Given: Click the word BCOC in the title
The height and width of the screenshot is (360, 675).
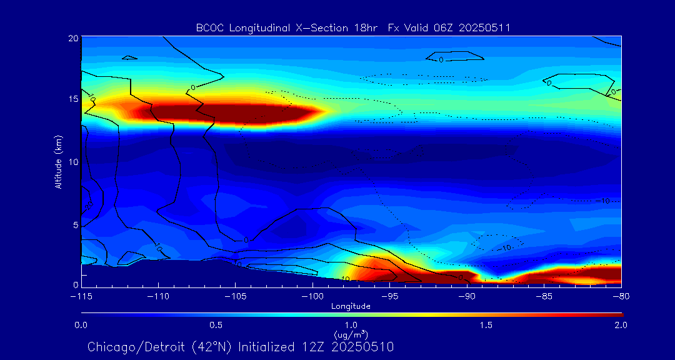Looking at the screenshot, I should pos(209,27).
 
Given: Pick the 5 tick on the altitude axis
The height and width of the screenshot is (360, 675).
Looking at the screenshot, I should pos(74,223).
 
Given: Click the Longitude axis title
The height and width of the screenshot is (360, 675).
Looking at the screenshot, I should pos(351,306).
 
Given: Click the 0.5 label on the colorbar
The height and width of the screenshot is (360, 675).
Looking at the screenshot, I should pos(216,325).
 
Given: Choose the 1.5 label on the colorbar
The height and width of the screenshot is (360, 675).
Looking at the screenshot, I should pos(486,325).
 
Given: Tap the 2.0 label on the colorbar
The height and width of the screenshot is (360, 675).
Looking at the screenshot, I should pos(621,325).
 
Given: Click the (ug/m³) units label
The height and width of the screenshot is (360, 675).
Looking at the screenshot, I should pos(351,334).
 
